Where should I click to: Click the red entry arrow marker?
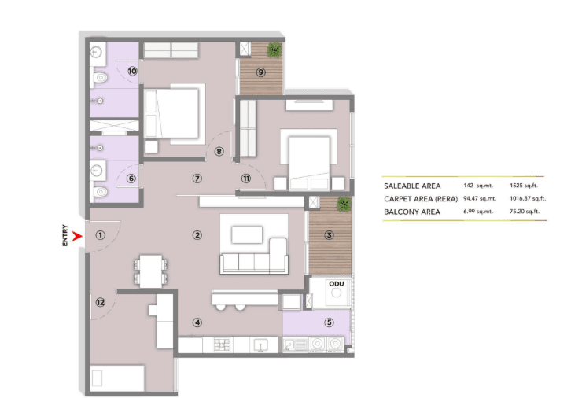point(76,234)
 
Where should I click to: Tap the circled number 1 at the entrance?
point(100,234)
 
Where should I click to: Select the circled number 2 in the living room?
point(197,234)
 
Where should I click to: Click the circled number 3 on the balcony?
point(329,234)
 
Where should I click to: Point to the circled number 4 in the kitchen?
point(197,321)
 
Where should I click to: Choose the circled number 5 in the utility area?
point(329,321)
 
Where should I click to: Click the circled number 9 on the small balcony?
point(260,72)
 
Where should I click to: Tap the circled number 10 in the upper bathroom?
point(132,72)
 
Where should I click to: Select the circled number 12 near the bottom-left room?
point(100,302)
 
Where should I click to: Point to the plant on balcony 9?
point(273,50)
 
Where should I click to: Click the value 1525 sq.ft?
point(521,185)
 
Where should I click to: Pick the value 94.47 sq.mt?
point(478,199)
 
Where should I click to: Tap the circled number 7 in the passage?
point(197,179)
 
